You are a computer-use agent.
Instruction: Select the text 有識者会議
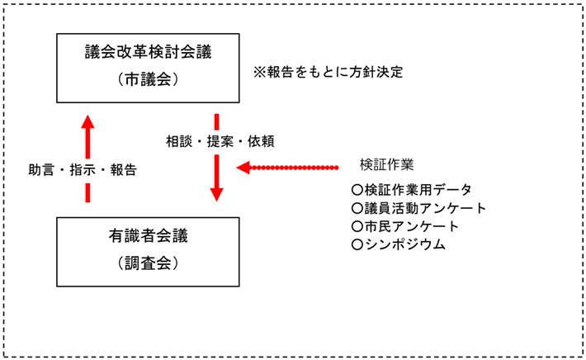[x=149, y=237]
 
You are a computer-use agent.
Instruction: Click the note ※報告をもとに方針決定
[x=328, y=72]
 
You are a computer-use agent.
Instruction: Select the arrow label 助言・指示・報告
[x=83, y=171]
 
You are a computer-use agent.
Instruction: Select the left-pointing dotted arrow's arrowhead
[x=243, y=168]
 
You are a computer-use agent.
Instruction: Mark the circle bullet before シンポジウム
[x=357, y=244]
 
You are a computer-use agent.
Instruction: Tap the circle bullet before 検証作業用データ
[x=357, y=190]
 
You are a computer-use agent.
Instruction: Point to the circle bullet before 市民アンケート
[x=357, y=226]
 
